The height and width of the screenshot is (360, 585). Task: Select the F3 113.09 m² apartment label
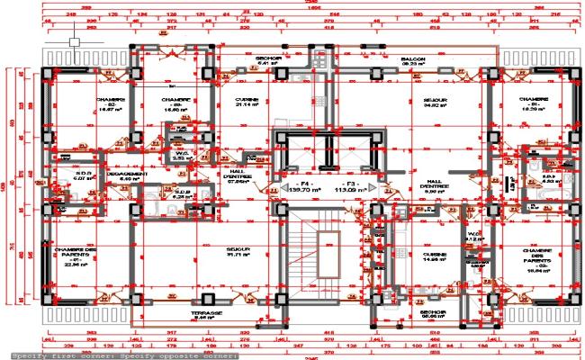tap(347, 186)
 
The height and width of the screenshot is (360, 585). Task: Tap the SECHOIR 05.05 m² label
tap(433, 314)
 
